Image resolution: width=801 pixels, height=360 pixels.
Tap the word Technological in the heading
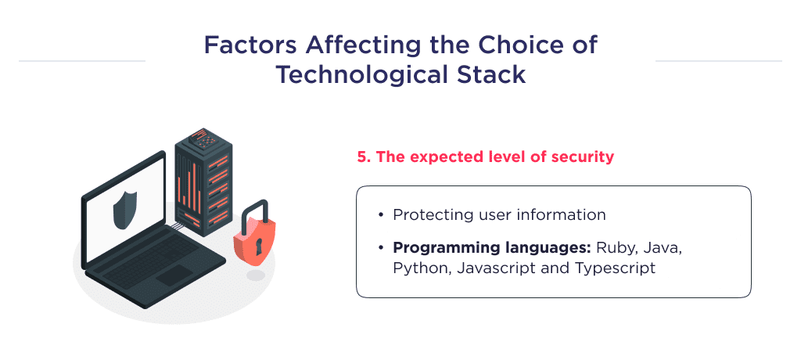pyautogui.click(x=349, y=75)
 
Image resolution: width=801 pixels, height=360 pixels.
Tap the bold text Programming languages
pyautogui.click(x=491, y=248)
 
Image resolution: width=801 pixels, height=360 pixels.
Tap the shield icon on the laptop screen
pyautogui.click(x=124, y=211)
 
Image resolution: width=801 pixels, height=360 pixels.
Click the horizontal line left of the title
pyautogui.click(x=81, y=60)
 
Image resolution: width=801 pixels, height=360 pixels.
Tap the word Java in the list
pyautogui.click(x=663, y=248)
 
